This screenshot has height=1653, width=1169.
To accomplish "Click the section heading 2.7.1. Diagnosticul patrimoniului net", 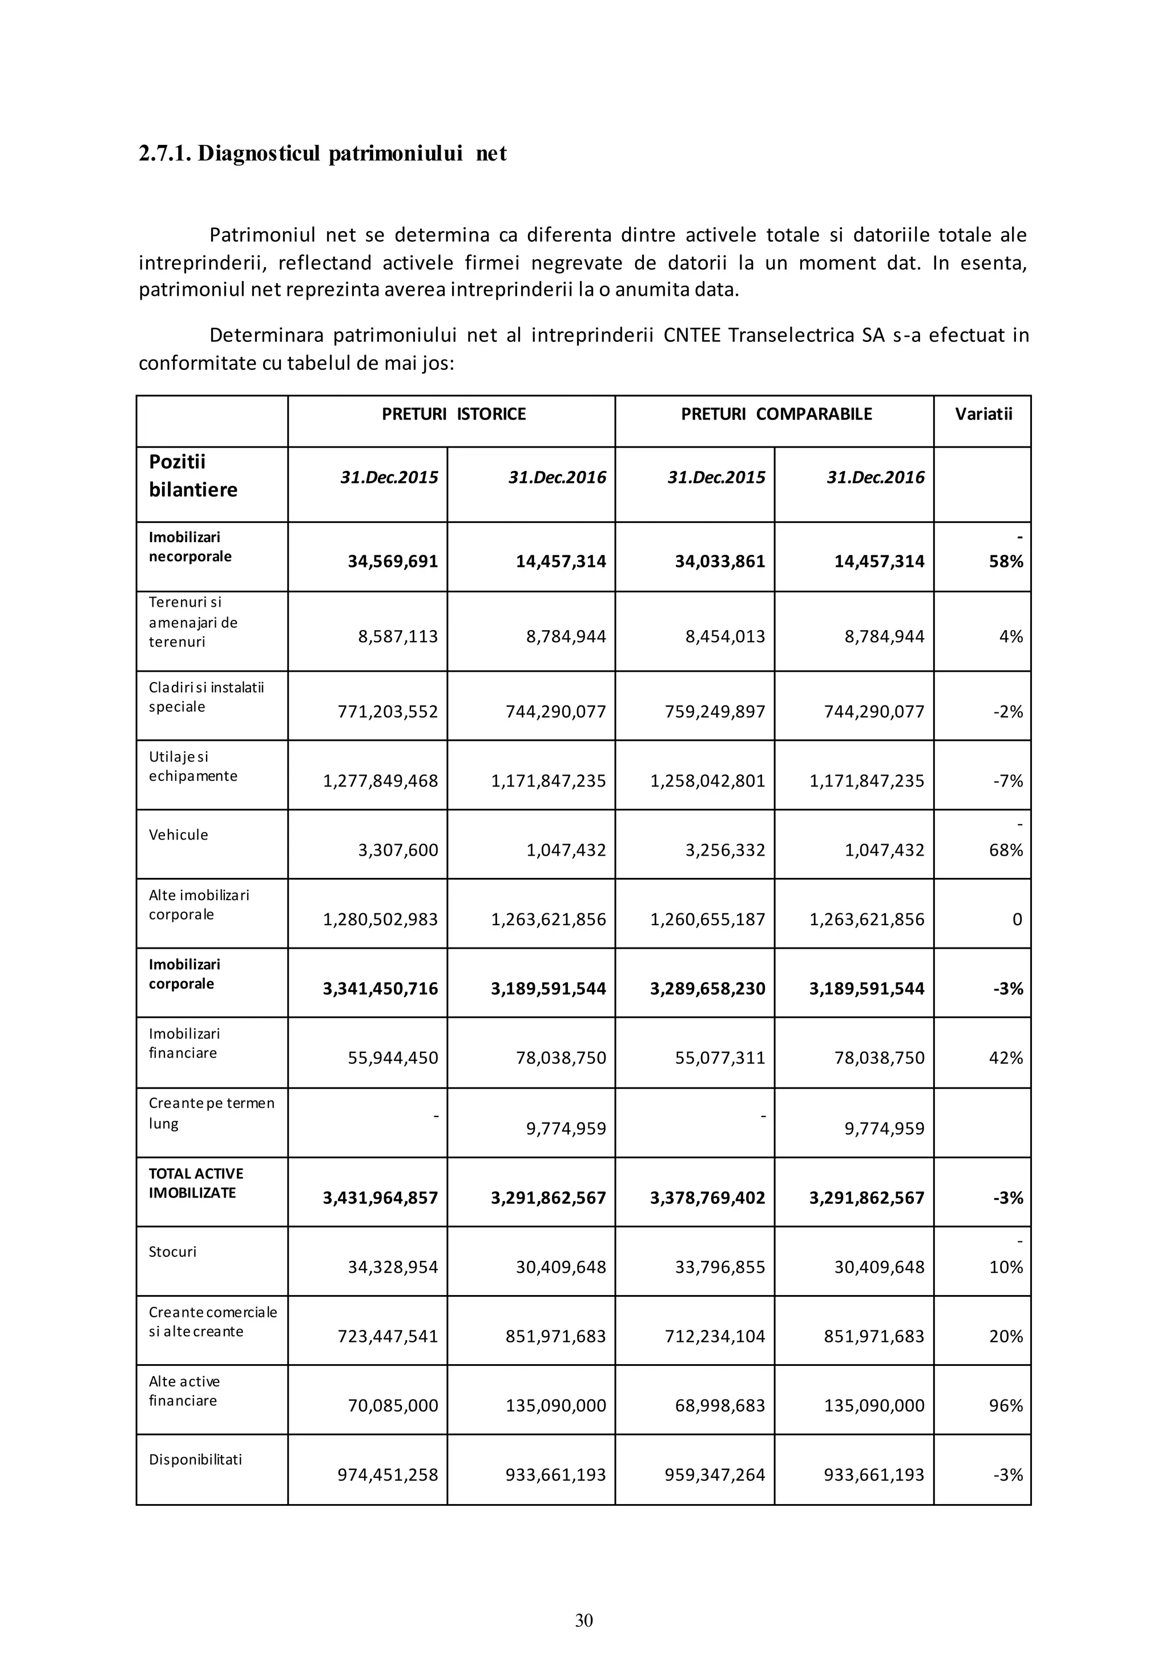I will point(323,154).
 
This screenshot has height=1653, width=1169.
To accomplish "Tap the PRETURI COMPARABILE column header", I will point(776,414).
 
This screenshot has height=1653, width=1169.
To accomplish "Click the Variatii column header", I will point(983,414).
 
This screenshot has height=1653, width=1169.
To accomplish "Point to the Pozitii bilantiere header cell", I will point(193,476).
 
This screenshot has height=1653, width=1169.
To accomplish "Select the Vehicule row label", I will point(179,835).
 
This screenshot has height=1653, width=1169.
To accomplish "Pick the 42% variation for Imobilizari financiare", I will point(1006,1058).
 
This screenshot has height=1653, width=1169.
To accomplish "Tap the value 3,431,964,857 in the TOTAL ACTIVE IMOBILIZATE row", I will point(380,1198).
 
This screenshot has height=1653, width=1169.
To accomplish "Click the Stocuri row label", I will point(173,1252).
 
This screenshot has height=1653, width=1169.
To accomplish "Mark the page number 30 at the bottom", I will point(584,1620).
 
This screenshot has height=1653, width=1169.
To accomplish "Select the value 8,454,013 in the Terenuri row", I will point(725,636).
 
